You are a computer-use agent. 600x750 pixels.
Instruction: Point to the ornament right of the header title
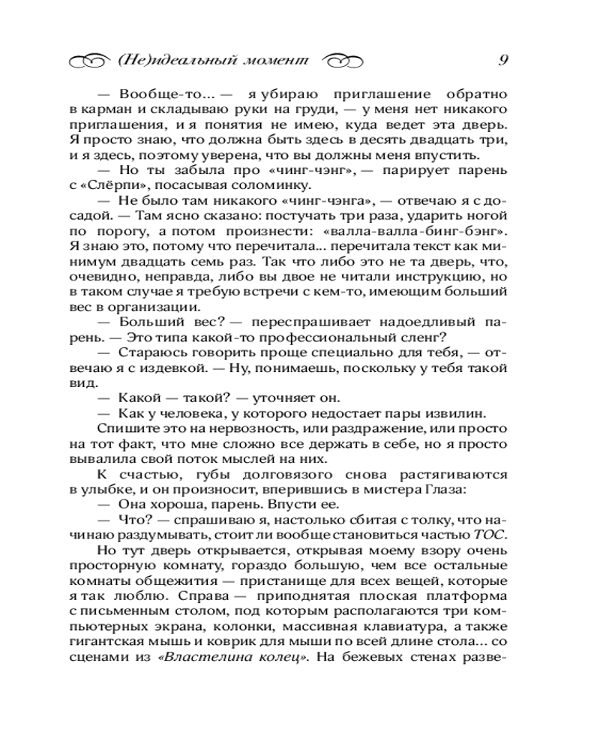point(345,61)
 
